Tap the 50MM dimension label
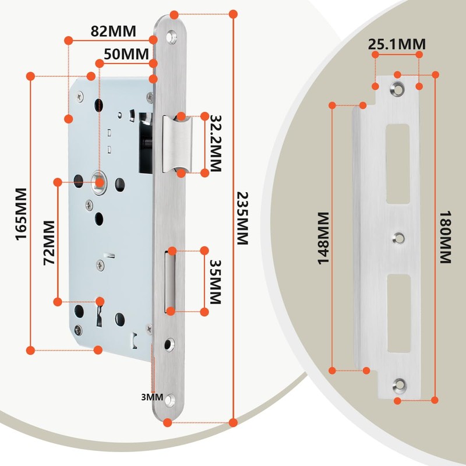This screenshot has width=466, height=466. coord(126,54)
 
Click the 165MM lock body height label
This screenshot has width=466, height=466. coord(21,213)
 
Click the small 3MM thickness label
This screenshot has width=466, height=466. coord(152,397)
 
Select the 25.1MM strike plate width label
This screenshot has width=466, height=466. coord(396,44)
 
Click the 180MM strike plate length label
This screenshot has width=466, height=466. coord(446,237)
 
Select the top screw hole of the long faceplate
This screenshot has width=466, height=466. coord(172,36)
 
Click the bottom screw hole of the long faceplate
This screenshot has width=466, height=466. coord(171,400)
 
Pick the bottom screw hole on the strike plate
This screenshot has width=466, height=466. coord(400,384)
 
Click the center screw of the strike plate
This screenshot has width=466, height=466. coord(399,237)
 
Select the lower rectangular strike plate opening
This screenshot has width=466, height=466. coord(400,313)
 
